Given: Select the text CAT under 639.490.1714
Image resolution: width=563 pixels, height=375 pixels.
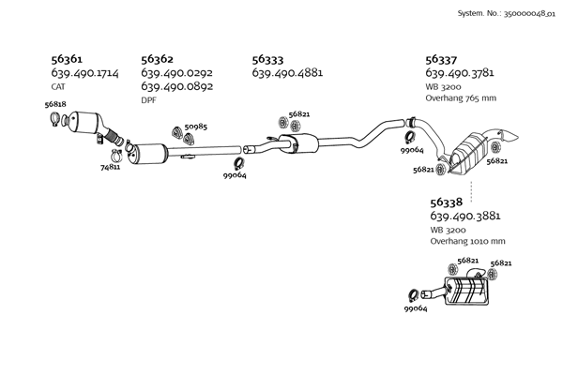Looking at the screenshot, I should click(58, 86).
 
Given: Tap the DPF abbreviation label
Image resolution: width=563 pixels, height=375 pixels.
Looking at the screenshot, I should click(149, 99).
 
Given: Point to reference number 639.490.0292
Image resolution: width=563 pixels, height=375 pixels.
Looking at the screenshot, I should click(176, 72).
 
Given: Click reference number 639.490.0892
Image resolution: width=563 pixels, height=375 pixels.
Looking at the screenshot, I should click(176, 86).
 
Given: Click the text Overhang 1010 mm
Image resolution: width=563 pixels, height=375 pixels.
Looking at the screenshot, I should click(467, 241).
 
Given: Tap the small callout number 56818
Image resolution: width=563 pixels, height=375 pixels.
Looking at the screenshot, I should click(55, 105).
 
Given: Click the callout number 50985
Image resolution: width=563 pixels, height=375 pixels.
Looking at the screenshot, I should click(196, 127).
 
